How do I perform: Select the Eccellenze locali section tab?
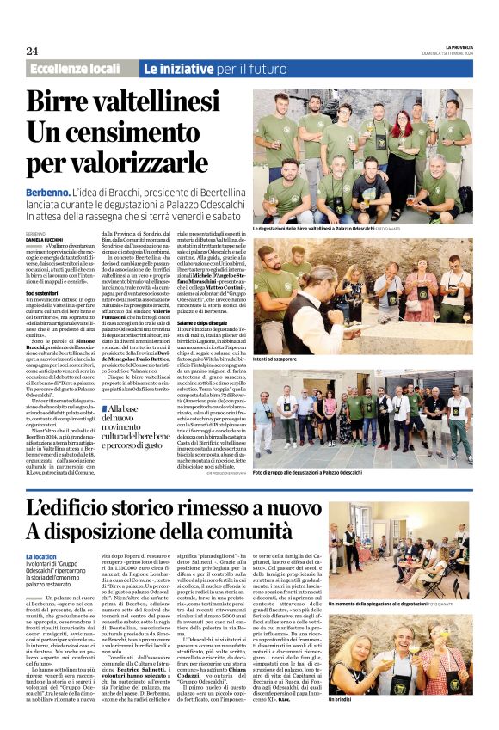(75, 68)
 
